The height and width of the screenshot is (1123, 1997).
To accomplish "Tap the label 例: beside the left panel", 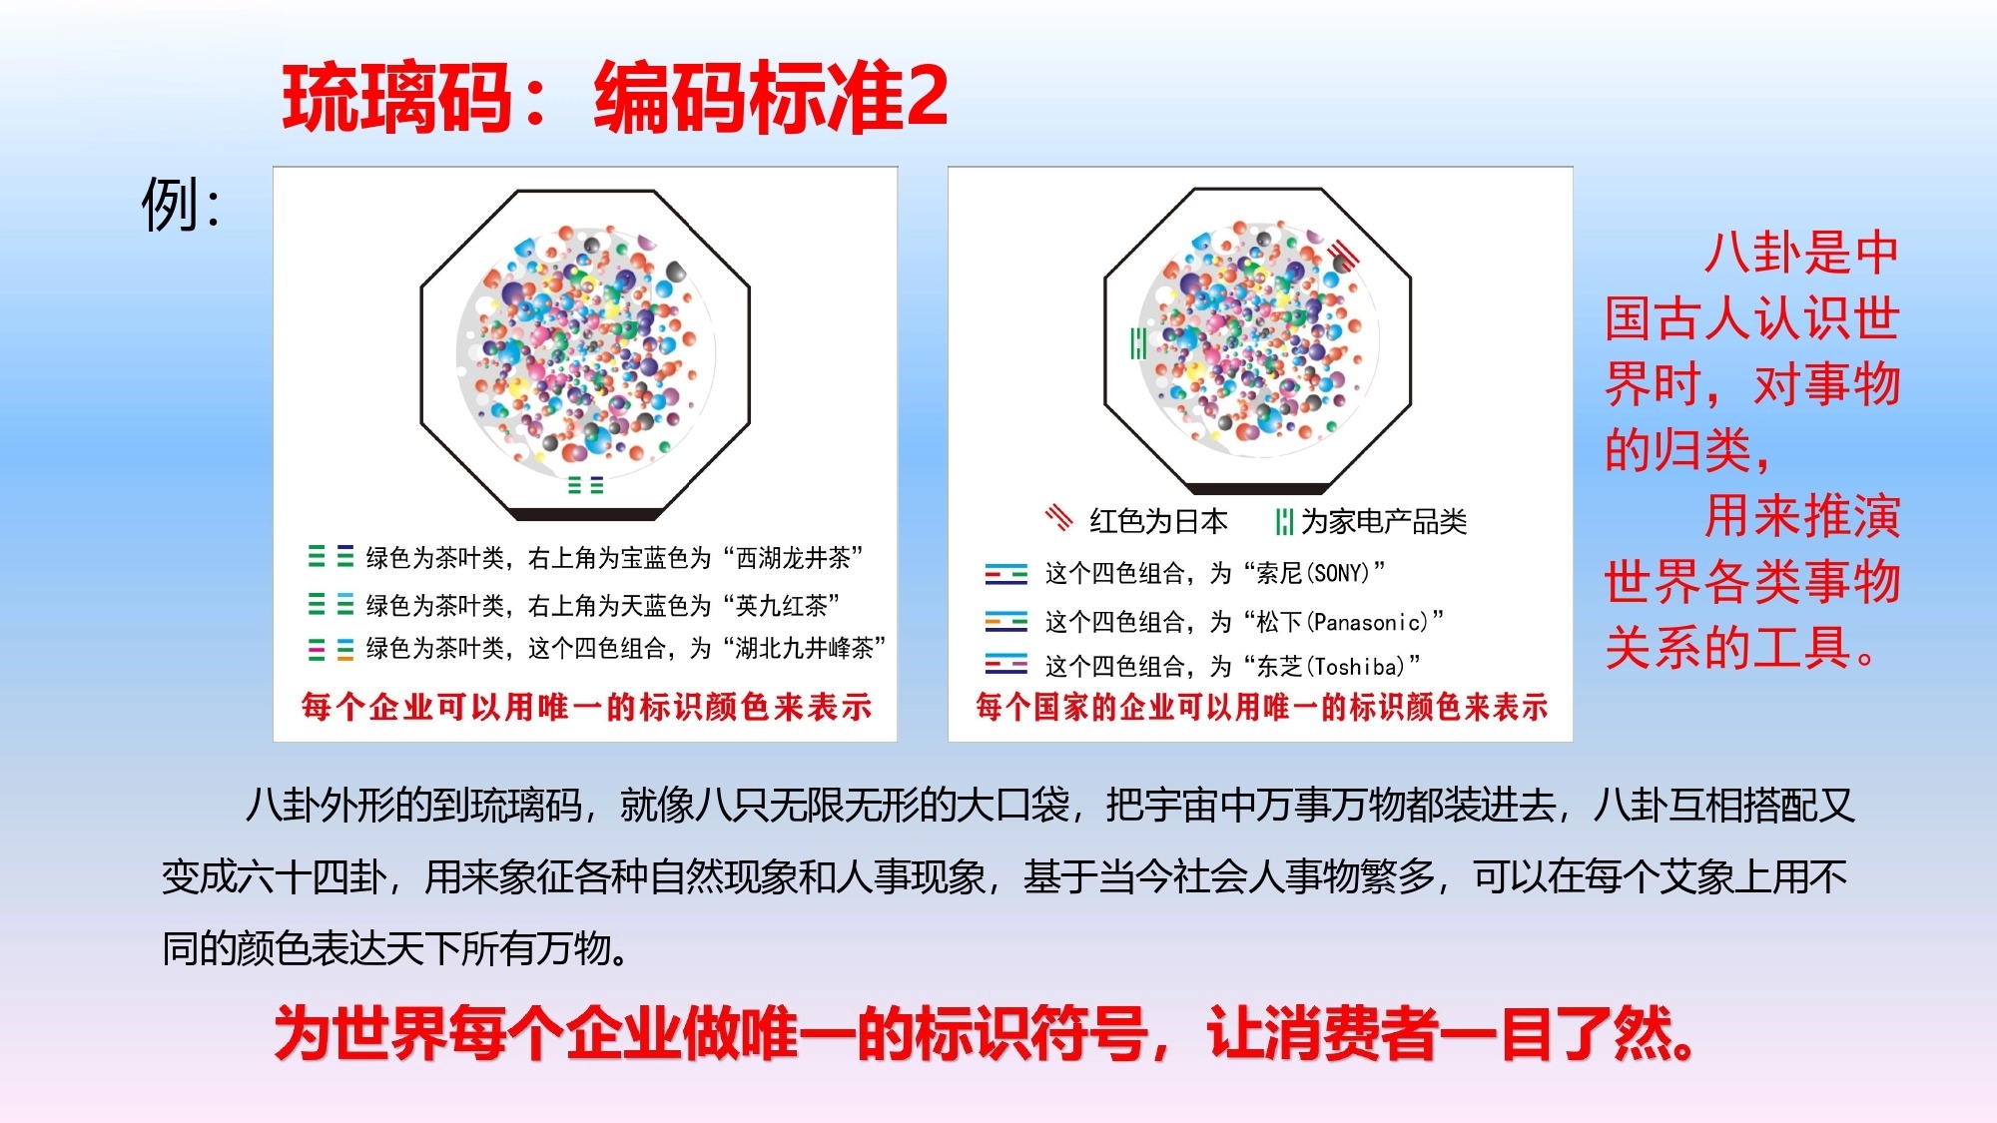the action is [x=181, y=205].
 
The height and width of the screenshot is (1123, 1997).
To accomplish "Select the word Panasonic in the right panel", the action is [x=1370, y=622].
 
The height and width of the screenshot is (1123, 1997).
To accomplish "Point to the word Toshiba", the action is [x=1359, y=666].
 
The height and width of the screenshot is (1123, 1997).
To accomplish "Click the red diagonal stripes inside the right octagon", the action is [x=1345, y=255].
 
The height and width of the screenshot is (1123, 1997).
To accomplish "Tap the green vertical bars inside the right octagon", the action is [x=1137, y=343].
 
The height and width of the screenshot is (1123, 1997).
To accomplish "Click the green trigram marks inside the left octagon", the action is [x=585, y=485].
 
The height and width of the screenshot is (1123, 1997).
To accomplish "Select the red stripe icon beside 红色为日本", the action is [x=1058, y=519].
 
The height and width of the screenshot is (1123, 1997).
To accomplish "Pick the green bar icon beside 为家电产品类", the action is [x=1284, y=521].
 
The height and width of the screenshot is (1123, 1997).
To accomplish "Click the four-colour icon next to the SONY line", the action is [x=1005, y=573].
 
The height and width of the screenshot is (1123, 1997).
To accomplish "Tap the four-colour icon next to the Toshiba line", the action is [x=1005, y=664].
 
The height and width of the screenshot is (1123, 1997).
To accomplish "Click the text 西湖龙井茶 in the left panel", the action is [x=793, y=558].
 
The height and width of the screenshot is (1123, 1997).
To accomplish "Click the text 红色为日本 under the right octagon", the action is [x=1158, y=521].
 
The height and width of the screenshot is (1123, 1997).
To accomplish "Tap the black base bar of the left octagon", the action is [x=586, y=514].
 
